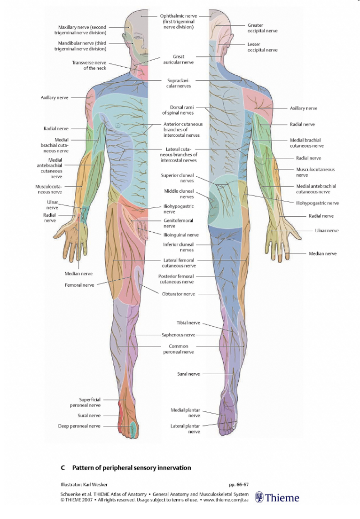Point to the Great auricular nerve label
178,59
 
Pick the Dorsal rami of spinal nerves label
178,110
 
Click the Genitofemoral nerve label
178,223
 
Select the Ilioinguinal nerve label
181,235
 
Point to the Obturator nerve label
178,294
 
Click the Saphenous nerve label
178,335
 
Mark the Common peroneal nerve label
178,349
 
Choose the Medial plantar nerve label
186,413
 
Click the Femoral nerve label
79,285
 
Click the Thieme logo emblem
259,497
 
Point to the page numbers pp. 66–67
238,484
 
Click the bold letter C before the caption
63,468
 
